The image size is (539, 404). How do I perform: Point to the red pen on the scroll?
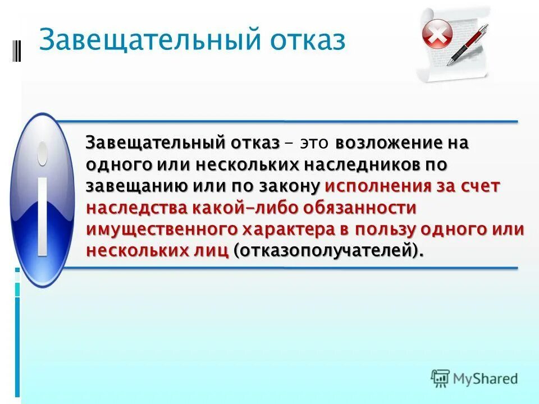(x=468, y=44)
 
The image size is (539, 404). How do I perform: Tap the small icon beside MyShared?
(x=440, y=378)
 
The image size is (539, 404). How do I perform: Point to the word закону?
(x=290, y=186)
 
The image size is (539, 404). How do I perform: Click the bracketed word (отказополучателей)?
(x=328, y=251)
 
